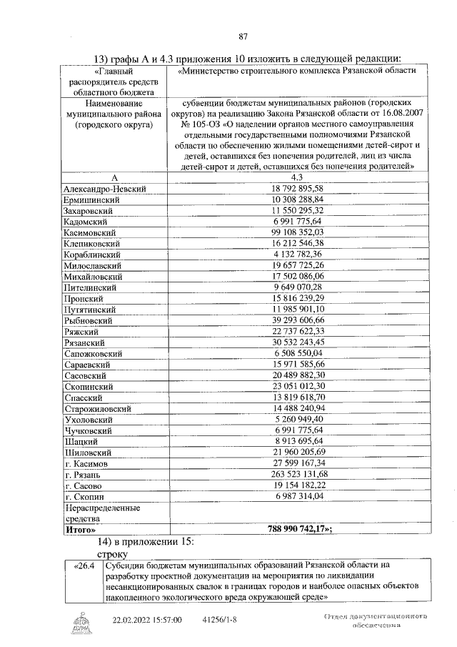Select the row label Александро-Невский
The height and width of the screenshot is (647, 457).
pos(105,188)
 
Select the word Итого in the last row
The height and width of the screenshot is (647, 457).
pos(80,530)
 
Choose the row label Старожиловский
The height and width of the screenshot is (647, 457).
pos(96,408)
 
